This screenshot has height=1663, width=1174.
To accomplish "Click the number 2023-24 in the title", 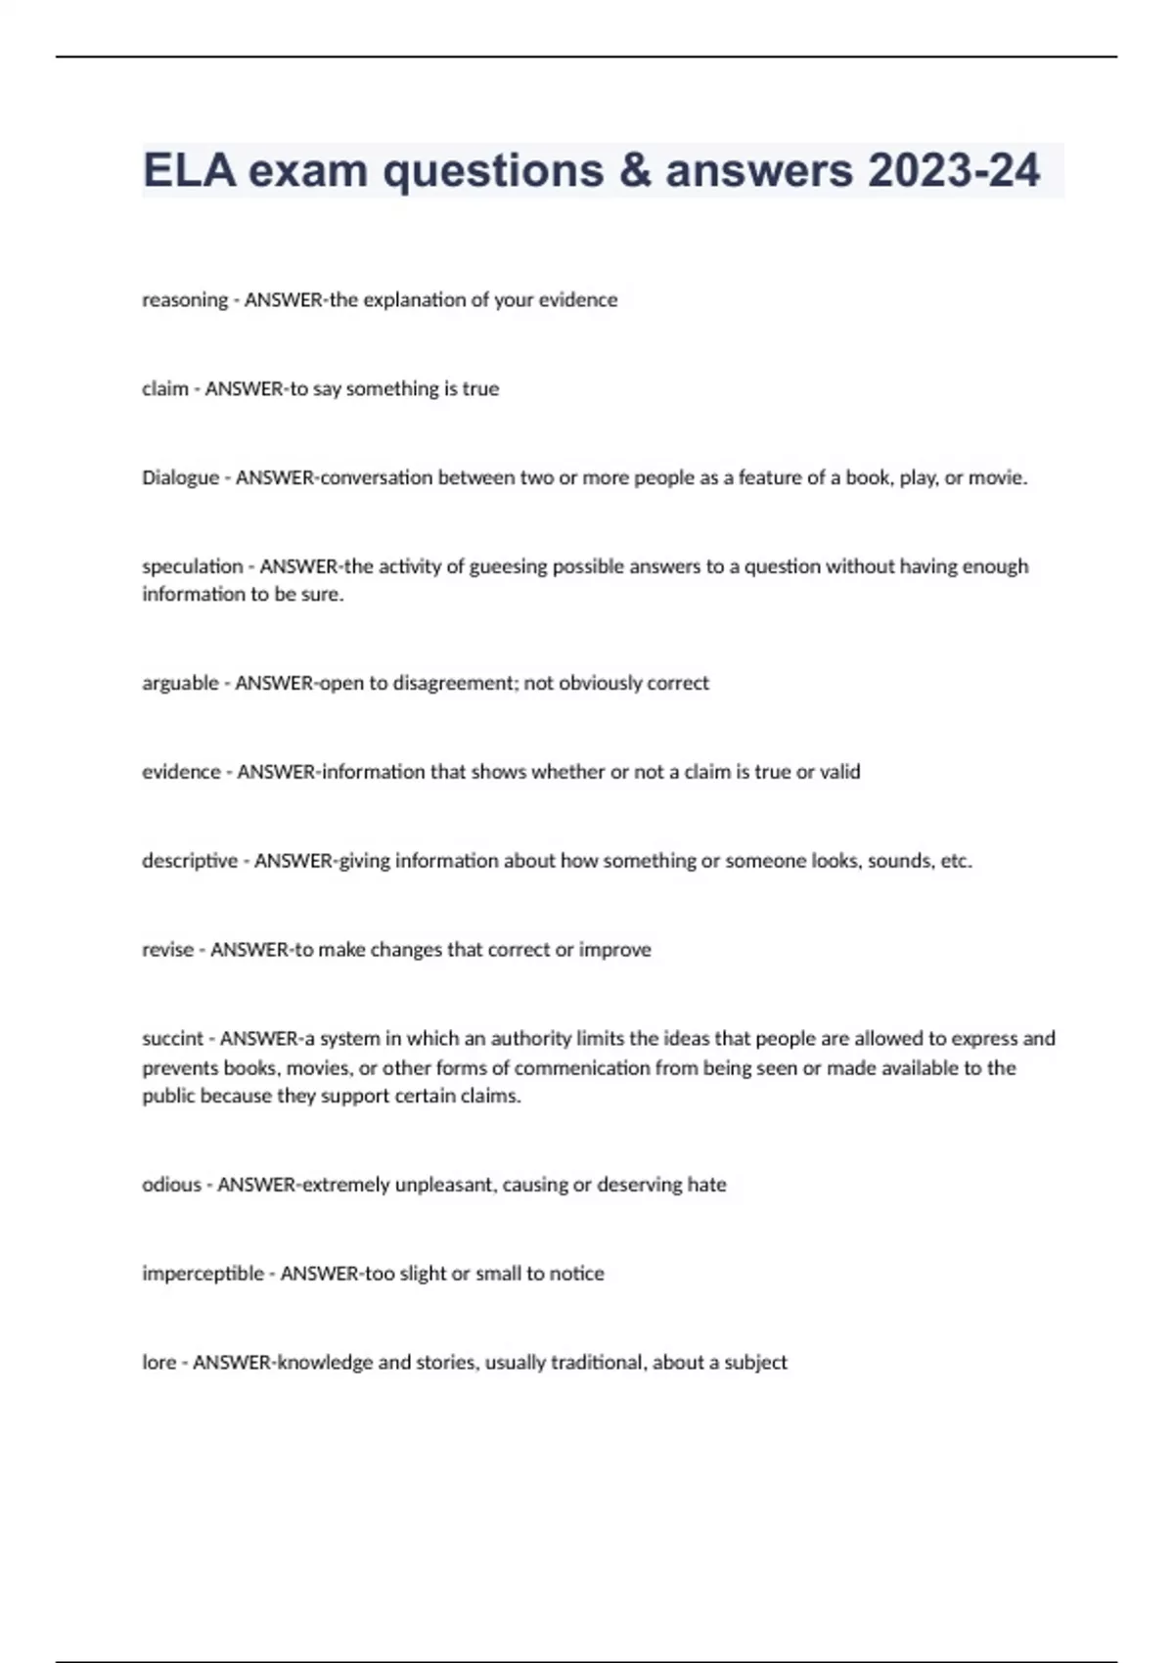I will [x=953, y=171].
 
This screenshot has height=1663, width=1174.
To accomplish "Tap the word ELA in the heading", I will [x=189, y=171].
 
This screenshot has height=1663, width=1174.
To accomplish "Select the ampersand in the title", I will [x=635, y=171].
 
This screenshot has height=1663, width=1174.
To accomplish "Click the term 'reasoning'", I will [x=185, y=300].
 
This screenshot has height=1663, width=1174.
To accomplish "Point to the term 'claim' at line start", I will [x=165, y=388].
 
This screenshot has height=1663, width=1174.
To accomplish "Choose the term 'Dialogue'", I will [x=180, y=477].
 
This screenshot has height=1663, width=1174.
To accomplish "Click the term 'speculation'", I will [x=192, y=566].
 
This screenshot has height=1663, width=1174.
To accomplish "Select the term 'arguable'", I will [x=180, y=683].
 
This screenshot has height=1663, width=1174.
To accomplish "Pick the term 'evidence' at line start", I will [x=181, y=772].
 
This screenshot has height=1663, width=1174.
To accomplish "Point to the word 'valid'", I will [x=839, y=772].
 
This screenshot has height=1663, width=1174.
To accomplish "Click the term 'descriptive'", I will [x=190, y=861].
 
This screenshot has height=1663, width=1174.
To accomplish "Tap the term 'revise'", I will [x=167, y=950].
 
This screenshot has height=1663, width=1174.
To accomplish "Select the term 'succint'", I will [x=173, y=1038].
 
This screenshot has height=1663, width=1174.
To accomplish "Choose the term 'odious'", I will [x=171, y=1185].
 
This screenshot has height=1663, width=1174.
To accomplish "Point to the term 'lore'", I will [x=158, y=1363].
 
